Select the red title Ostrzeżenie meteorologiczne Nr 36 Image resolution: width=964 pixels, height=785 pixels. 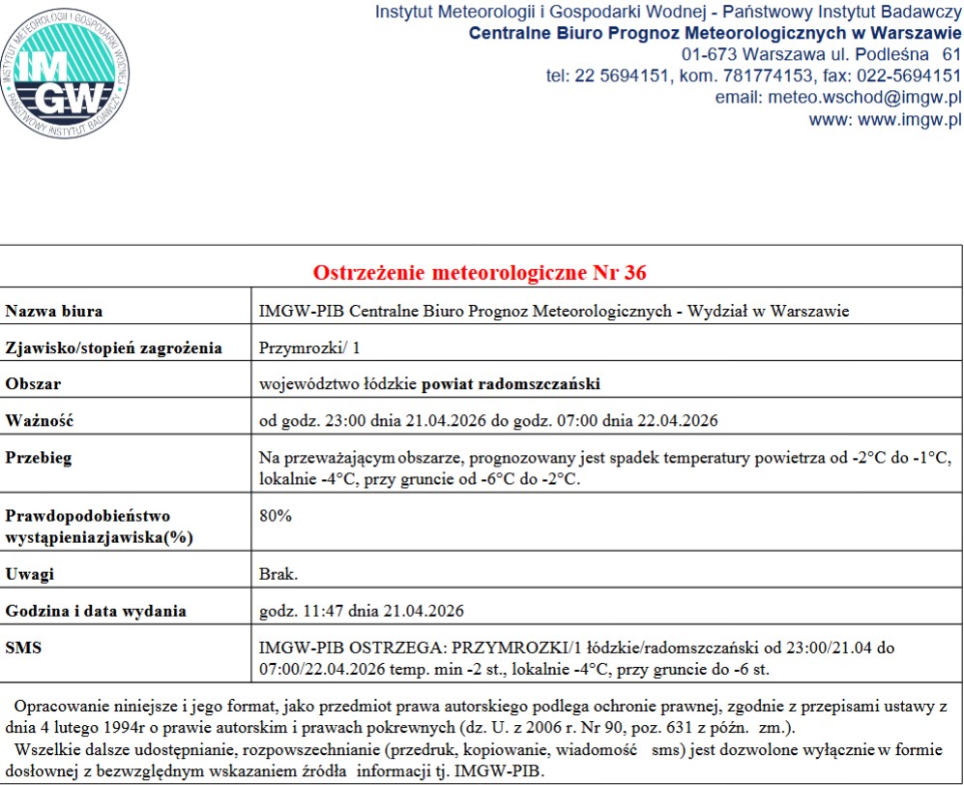[480, 272]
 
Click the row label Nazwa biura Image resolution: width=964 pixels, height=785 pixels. [55, 312]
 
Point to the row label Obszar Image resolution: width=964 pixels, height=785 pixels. [34, 384]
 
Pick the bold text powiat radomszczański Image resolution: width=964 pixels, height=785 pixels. [511, 384]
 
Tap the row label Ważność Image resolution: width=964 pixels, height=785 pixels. [40, 420]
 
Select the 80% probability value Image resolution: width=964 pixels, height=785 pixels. [276, 516]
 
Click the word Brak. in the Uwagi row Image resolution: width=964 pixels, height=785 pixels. [278, 574]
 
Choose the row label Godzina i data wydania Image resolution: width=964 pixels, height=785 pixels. [96, 611]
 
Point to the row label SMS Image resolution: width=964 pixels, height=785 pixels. [25, 647]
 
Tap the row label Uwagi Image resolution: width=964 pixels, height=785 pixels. [30, 574]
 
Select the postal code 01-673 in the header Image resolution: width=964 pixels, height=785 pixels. [708, 53]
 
